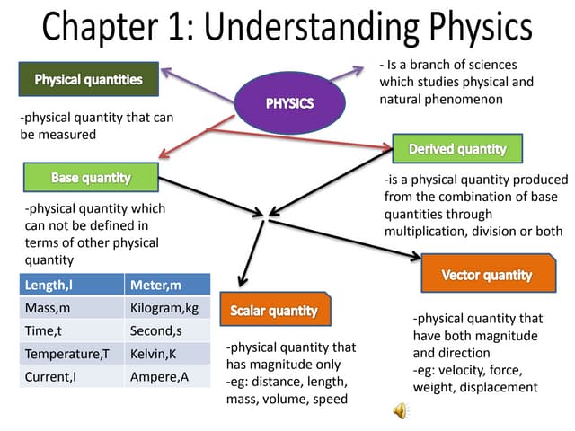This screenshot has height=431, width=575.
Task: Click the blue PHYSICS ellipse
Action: pyautogui.click(x=289, y=103)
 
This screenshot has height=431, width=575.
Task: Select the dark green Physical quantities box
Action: pyautogui.click(x=88, y=80)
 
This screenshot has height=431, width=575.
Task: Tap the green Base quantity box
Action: pyautogui.click(x=91, y=178)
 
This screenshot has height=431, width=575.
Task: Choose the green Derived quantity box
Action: pyautogui.click(x=457, y=148)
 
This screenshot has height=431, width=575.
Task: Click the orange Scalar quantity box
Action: pyautogui.click(x=274, y=311)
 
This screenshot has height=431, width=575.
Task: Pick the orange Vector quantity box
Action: pyautogui.click(x=486, y=274)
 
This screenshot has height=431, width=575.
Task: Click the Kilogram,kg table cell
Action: pyautogui.click(x=167, y=308)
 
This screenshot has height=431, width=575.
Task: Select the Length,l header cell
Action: pyautogui.click(x=71, y=285)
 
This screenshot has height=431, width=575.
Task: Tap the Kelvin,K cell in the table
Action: pyautogui.click(x=167, y=354)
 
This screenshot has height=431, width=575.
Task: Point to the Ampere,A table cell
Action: pyautogui.click(x=167, y=376)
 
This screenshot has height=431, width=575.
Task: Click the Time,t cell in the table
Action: pyautogui.click(x=71, y=330)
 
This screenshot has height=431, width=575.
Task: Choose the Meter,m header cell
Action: pyautogui.click(x=167, y=285)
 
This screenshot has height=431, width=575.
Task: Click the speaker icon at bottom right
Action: pyautogui.click(x=401, y=410)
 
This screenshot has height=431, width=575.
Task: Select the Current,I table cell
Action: pyautogui.click(x=71, y=376)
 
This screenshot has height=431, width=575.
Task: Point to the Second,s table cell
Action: pyautogui.click(x=167, y=330)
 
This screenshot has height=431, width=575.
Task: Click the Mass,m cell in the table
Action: pyautogui.click(x=71, y=308)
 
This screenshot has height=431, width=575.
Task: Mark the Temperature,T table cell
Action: pyautogui.click(x=71, y=354)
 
